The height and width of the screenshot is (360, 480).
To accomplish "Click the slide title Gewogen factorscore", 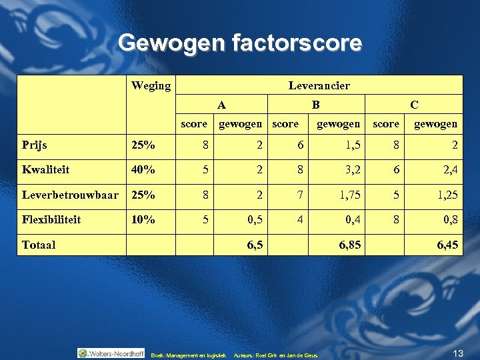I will click(240, 43).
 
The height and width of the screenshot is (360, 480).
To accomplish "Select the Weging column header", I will click(151, 85).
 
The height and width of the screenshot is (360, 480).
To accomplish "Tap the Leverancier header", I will click(319, 85).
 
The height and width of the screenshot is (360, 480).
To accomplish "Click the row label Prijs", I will click(35, 144).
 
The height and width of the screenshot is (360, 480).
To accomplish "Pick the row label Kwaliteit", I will click(45, 169).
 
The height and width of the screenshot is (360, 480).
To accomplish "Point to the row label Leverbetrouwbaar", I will click(70, 194).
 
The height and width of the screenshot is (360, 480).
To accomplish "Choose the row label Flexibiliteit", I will click(51, 219).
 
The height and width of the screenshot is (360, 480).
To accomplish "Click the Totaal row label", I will click(39, 245).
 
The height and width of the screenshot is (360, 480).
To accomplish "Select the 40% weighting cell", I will click(143, 169).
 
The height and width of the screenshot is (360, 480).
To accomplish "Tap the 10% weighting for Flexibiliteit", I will click(143, 219).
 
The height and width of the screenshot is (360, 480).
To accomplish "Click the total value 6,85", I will click(350, 245).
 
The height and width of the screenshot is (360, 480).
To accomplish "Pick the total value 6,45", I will click(447, 245).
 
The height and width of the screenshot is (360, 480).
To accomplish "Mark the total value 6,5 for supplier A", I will click(254, 245).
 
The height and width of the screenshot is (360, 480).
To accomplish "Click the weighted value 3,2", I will click(353, 169).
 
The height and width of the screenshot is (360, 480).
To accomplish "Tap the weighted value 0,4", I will click(353, 219).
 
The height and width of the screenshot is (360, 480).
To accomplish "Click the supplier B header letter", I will click(316, 104).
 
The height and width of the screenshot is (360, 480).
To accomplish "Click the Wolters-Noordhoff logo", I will click(111, 353).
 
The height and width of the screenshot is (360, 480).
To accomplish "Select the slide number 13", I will click(457, 352).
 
